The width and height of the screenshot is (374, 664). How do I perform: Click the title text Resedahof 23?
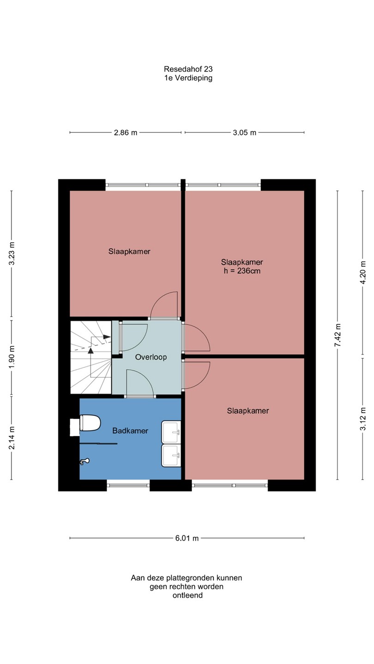188,69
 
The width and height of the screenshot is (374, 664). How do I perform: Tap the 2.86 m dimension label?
126,132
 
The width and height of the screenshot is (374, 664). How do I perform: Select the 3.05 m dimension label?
244,132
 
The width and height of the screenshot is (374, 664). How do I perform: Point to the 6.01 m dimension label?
187,538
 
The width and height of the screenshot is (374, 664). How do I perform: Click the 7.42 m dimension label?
338,335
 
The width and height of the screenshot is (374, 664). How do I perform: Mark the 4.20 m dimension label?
362,273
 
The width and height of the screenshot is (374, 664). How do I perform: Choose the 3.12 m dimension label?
362,418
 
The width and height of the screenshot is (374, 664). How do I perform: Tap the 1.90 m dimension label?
12,357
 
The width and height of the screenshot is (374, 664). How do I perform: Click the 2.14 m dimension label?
12,438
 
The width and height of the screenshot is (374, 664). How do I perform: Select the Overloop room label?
151,357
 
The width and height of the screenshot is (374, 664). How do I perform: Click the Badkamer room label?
130,431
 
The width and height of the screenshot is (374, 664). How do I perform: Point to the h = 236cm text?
242,271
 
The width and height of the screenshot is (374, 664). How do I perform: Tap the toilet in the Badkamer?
86,423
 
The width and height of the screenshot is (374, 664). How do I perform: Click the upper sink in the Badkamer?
171,432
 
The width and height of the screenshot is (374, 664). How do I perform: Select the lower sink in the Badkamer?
171,455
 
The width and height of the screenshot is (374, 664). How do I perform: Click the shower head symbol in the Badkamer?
84,461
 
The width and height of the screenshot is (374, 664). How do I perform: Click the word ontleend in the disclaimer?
187,595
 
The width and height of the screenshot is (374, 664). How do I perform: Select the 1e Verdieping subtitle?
188,78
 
